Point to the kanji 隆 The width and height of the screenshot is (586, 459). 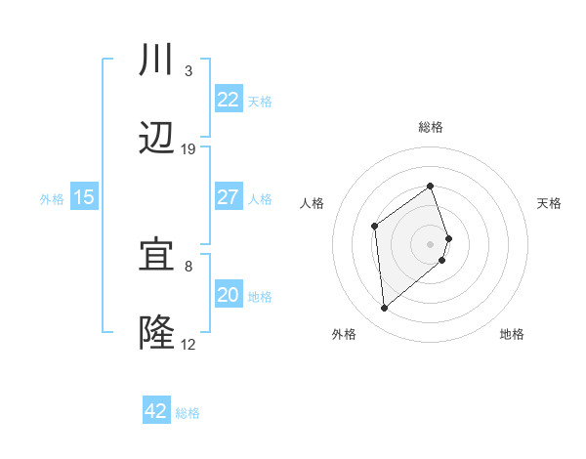(157, 333)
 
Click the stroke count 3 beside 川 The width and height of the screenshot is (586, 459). (188, 71)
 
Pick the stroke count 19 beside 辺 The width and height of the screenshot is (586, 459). (188, 149)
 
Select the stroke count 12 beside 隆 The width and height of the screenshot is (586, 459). (188, 344)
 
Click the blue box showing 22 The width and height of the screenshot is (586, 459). (228, 100)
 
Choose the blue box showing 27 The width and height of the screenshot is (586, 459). (228, 196)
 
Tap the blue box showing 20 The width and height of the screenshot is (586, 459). (228, 295)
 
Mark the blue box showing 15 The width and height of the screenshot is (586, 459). (84, 197)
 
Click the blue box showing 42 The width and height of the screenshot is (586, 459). (156, 411)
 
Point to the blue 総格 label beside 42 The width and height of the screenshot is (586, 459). (188, 413)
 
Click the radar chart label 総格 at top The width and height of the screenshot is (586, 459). (431, 127)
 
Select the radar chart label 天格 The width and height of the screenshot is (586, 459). (549, 203)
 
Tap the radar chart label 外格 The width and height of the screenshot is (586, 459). (343, 334)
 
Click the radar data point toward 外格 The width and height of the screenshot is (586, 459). (385, 309)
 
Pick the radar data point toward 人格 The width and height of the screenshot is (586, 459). (374, 227)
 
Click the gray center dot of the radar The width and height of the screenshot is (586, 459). (431, 242)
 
